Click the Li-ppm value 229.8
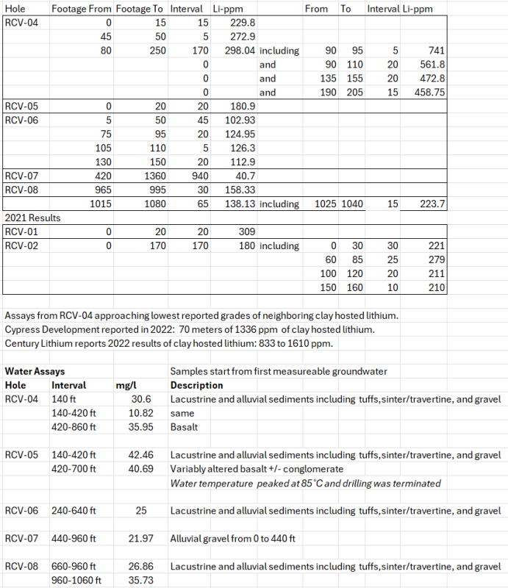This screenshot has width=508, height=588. [243, 24]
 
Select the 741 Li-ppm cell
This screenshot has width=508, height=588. [436, 51]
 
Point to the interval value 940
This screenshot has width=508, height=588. [200, 176]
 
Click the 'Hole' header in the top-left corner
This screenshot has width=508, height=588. [16, 9]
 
